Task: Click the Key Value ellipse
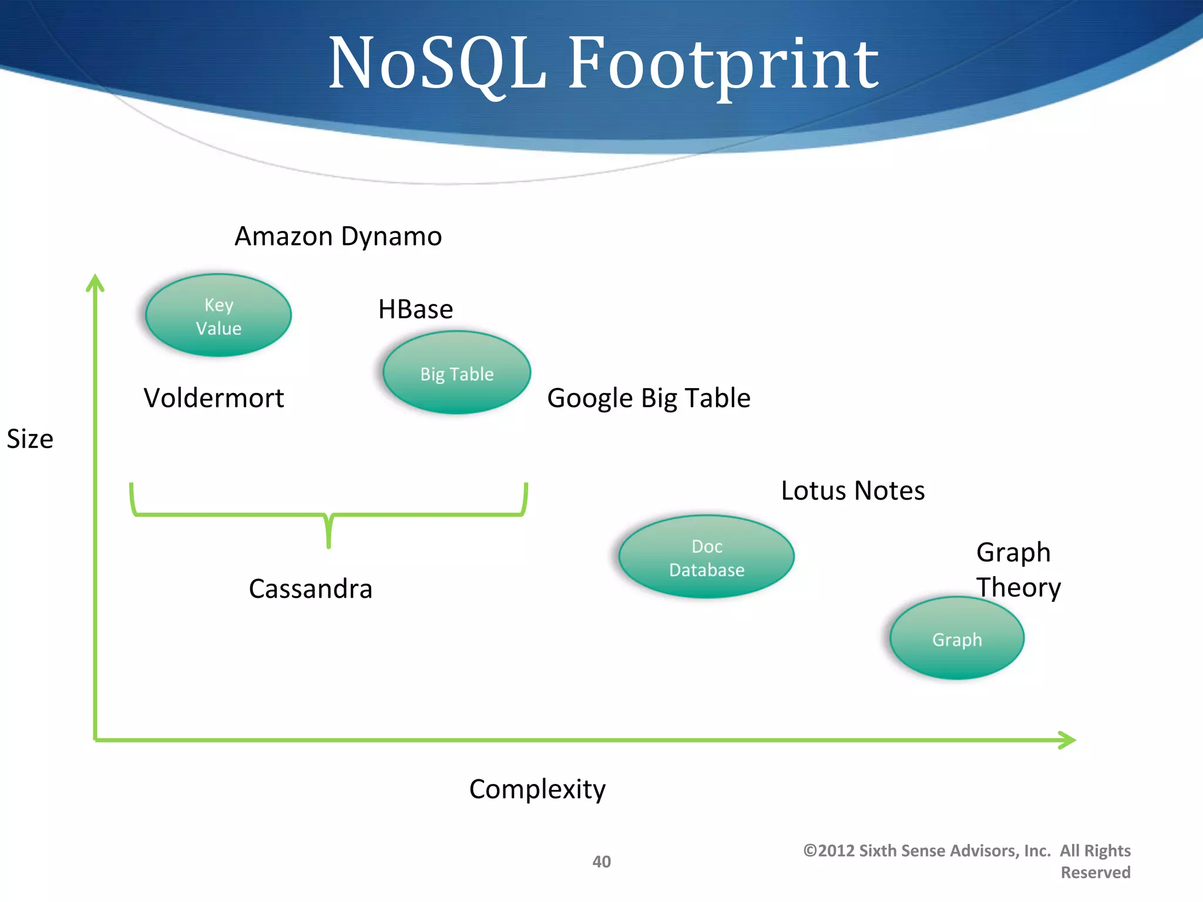[x=219, y=315]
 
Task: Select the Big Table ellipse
[x=456, y=372]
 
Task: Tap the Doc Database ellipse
[x=706, y=557]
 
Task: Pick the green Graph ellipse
[x=957, y=638]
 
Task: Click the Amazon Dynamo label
[x=338, y=237]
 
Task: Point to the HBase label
[x=415, y=309]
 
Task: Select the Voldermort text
[x=214, y=398]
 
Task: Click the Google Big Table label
[x=648, y=398]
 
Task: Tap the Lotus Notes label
[x=852, y=491]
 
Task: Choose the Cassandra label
[x=310, y=589]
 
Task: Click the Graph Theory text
[x=1018, y=570]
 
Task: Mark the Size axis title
[x=30, y=439]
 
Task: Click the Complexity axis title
[x=537, y=789]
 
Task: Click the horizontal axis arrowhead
[x=1067, y=740]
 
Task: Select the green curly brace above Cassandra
[x=328, y=516]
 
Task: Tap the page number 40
[x=601, y=861]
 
